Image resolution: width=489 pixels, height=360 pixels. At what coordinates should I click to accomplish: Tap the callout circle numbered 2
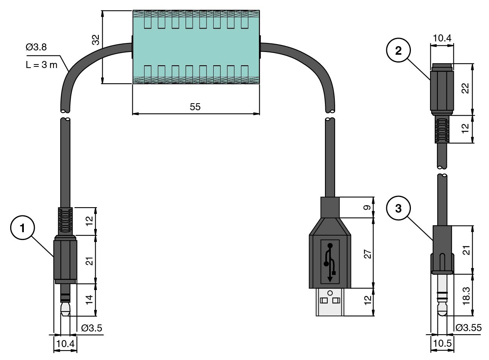pyautogui.click(x=398, y=52)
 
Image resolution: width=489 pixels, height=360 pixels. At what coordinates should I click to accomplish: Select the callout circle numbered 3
pyautogui.click(x=398, y=208)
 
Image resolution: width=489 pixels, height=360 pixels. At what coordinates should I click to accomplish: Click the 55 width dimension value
pyautogui.click(x=195, y=107)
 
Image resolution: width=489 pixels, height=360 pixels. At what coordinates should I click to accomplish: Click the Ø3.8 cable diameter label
pyautogui.click(x=36, y=47)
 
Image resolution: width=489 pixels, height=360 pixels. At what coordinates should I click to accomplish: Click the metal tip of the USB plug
pyautogui.click(x=330, y=302)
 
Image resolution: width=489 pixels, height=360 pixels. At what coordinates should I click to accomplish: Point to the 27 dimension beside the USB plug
pyautogui.click(x=366, y=254)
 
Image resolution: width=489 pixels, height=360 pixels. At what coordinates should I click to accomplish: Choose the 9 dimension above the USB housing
pyautogui.click(x=366, y=207)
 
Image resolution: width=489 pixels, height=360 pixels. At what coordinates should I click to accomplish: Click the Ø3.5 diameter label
pyautogui.click(x=92, y=328)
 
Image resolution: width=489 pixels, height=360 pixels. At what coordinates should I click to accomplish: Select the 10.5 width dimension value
pyautogui.click(x=443, y=344)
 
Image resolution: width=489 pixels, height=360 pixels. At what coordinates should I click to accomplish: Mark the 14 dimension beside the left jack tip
pyautogui.click(x=89, y=300)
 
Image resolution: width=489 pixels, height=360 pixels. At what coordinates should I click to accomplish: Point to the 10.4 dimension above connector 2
pyautogui.click(x=442, y=38)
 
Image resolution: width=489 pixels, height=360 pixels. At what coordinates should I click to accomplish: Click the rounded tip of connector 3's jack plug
pyautogui.click(x=443, y=312)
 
